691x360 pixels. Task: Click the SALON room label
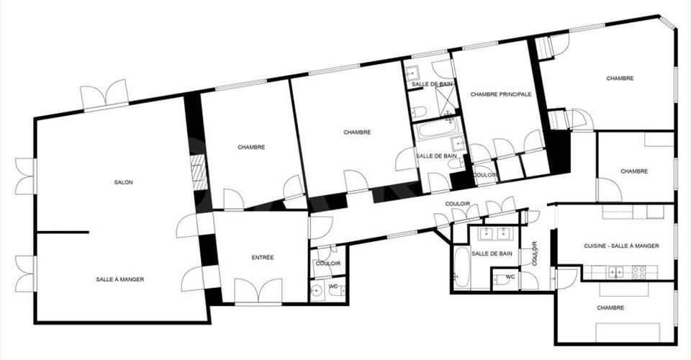tap(123, 182)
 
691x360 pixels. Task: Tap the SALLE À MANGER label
tap(120, 279)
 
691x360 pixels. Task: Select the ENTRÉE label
tap(263, 257)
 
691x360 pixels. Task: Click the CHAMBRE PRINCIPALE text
tap(501, 94)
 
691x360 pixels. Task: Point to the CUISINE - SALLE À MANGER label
tap(621, 246)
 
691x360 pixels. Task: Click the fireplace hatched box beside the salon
tap(199, 172)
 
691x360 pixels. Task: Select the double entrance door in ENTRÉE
tap(258, 291)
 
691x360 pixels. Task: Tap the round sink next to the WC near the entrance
tap(316, 290)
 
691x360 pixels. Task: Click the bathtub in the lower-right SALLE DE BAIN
tap(462, 268)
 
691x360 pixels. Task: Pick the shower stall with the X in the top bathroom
tap(446, 102)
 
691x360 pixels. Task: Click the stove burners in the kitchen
tap(639, 273)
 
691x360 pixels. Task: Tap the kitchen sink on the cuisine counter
tap(615, 272)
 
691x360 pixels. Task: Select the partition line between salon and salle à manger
tap(63, 233)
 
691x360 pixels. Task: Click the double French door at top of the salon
tap(105, 94)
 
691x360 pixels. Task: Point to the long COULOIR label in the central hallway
tap(458, 204)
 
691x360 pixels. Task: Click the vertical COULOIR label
tap(535, 253)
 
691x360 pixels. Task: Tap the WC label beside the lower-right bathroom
tap(510, 276)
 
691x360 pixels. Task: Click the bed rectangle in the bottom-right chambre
tap(628, 332)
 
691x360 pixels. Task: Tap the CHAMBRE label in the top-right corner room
tap(620, 78)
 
